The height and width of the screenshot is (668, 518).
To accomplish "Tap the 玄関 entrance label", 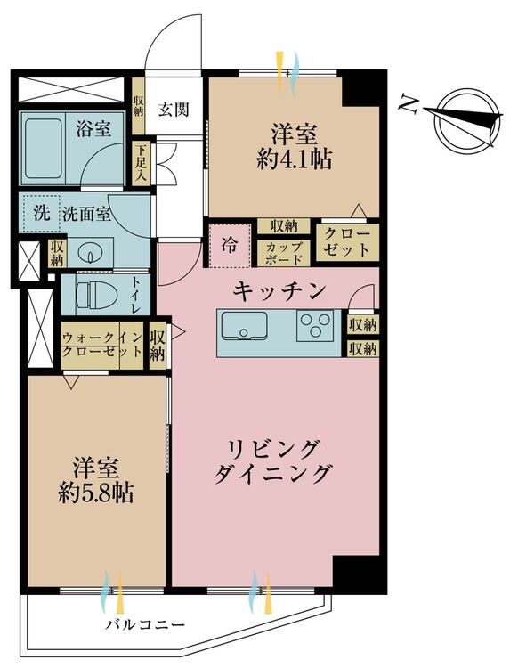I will coord(174,110).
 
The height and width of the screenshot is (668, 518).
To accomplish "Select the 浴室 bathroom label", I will coord(93,128).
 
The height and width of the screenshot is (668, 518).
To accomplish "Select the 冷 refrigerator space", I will coord(230,245).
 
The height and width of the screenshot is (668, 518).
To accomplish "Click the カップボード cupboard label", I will coord(284,252).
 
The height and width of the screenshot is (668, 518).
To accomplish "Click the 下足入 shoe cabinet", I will coord(141,163).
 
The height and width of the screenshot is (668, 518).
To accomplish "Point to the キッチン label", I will coord(276,290).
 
